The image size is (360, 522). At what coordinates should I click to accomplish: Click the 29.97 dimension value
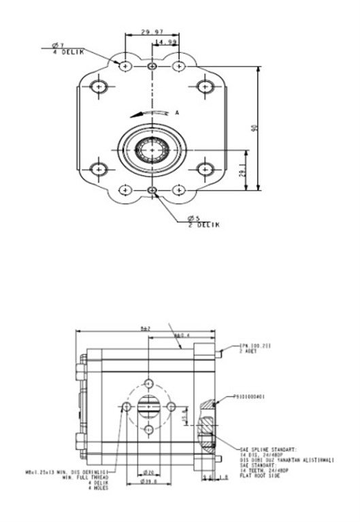tap(150, 32)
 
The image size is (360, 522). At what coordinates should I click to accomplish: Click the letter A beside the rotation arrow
tap(177, 111)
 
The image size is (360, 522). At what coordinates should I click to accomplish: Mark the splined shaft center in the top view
tap(151, 148)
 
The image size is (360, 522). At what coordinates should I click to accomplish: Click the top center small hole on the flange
tap(151, 66)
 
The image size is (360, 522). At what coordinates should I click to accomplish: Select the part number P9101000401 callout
tap(248, 396)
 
